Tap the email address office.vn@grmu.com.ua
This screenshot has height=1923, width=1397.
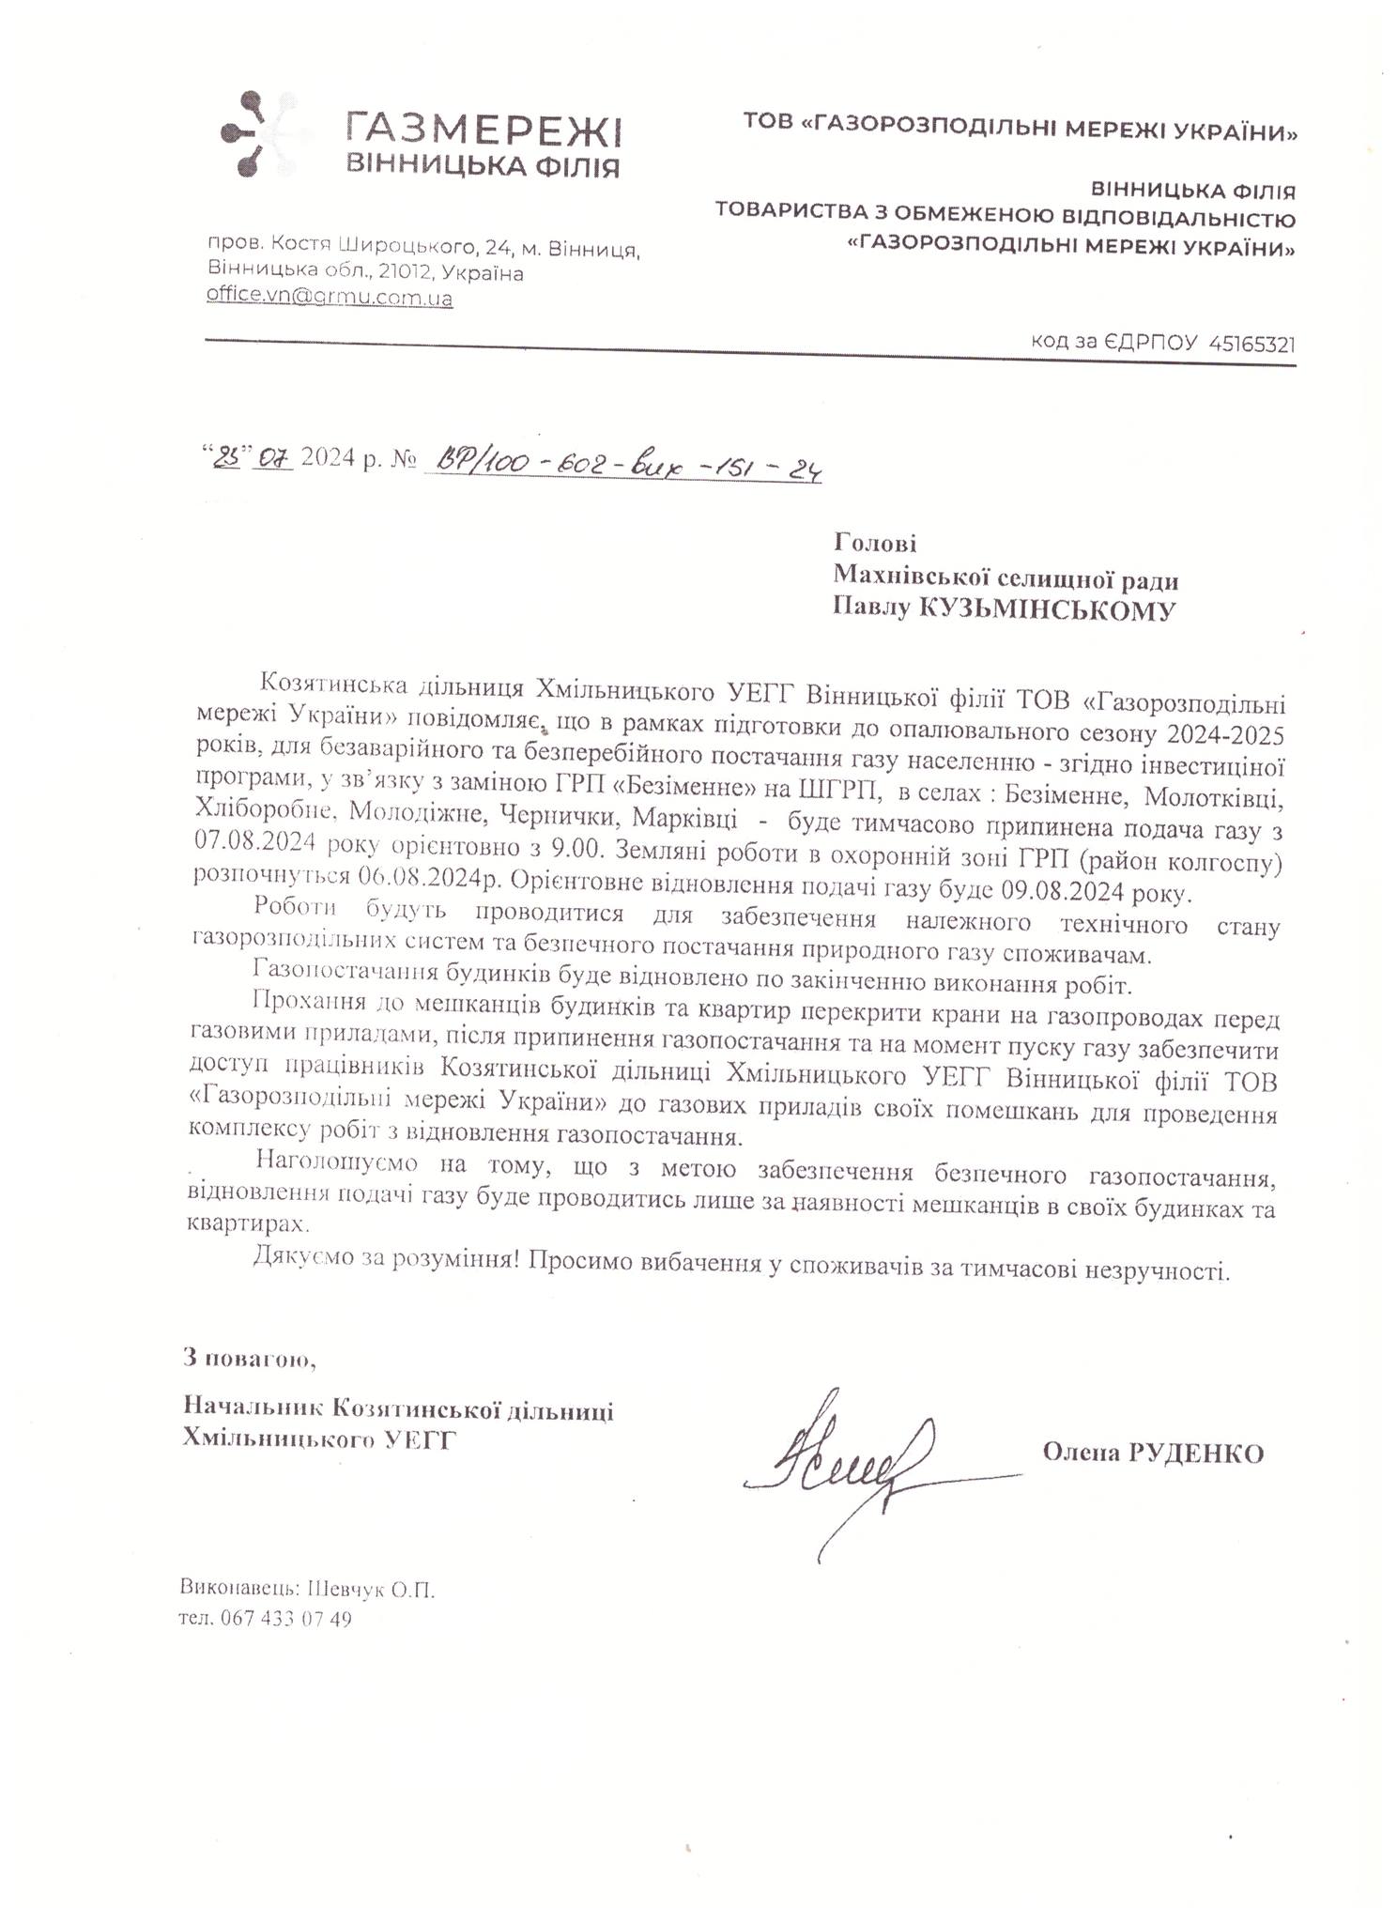click(330, 299)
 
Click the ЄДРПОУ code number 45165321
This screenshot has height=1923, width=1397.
click(1251, 345)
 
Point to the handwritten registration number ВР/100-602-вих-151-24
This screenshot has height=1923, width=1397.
click(625, 464)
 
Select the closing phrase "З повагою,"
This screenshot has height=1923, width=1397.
click(243, 1357)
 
